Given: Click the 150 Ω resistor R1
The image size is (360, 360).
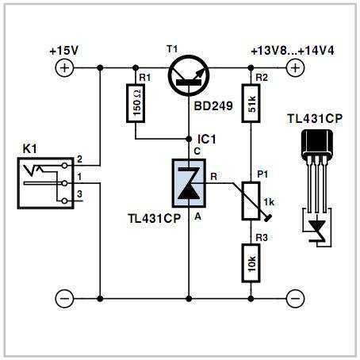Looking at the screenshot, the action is tap(136, 103).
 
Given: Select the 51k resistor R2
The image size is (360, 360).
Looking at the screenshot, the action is tap(251, 103).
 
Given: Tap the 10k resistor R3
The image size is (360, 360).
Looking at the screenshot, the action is tap(251, 263).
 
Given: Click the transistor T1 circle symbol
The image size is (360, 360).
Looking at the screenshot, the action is tap(189, 75).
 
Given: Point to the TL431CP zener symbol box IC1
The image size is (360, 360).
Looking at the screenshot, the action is tap(189, 183).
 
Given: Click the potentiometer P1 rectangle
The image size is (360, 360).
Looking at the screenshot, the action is tap(251, 201).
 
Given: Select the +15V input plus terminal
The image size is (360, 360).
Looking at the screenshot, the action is tap(64, 68).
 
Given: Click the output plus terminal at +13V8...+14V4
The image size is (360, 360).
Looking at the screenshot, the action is tap(295, 68).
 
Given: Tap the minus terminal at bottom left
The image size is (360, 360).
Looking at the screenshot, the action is tap(64, 299).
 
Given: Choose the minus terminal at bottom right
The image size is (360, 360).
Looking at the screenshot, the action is tap(295, 299).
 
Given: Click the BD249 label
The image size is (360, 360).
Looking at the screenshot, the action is tap(213, 106).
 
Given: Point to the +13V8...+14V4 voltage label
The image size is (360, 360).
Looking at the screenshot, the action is tap(293, 51).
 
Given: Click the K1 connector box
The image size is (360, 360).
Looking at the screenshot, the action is tap(45, 183).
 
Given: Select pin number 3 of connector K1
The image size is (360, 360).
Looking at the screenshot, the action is tap(79, 194).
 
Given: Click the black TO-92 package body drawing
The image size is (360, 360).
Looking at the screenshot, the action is tap(316, 143).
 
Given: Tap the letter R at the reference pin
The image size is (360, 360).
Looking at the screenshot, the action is tap(213, 177).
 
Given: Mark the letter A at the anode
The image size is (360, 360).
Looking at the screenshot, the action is tap(197, 216).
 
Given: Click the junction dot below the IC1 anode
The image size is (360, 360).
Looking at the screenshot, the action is tap(189, 299).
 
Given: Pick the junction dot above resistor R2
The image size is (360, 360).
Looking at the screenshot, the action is tap(251, 68).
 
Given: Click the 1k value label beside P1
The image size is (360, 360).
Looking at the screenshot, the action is tap(269, 202).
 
